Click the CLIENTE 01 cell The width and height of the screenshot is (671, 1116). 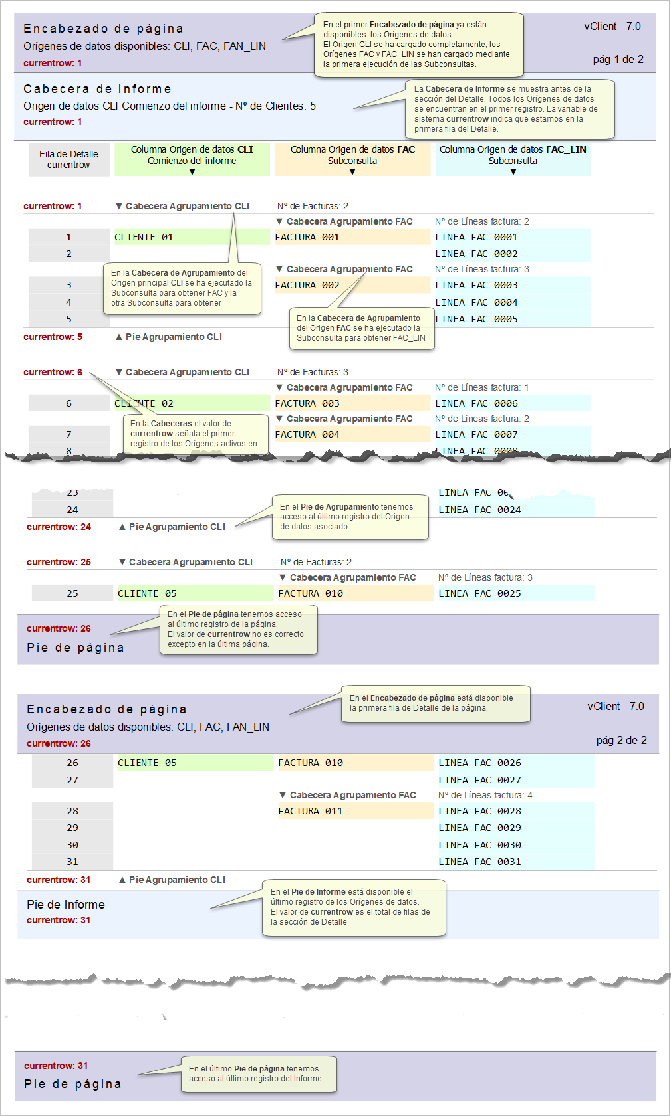[144, 237]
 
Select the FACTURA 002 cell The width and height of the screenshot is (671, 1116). [307, 285]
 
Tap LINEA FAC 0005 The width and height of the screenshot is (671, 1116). [476, 319]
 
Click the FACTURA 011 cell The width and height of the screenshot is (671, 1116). [311, 811]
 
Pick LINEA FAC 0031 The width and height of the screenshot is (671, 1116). [479, 862]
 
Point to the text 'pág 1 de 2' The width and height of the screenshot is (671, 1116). [618, 60]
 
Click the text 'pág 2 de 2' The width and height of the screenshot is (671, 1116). [621, 740]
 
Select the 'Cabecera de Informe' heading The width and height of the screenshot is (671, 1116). [97, 89]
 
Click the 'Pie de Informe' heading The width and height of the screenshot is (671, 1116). [66, 905]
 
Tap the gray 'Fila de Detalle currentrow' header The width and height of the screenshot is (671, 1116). [68, 159]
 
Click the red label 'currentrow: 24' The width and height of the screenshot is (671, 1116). [59, 527]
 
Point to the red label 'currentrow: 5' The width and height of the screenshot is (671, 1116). [53, 337]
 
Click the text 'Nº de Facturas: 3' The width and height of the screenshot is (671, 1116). [313, 372]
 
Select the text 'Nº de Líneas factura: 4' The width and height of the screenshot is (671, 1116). [485, 795]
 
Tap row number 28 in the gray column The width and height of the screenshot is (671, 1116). [72, 811]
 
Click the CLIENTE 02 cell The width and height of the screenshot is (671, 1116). [144, 403]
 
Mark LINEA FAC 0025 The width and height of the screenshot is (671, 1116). [479, 593]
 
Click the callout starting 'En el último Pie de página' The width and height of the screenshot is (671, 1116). [259, 1073]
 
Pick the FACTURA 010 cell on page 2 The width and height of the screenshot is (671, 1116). [311, 763]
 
